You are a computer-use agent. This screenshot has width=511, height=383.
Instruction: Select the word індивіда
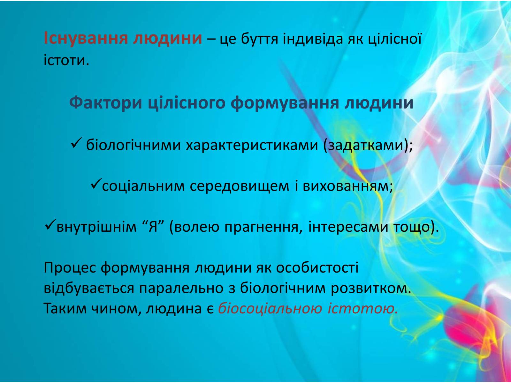[313, 39]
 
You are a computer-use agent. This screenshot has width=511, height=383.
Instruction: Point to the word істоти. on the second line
[66, 60]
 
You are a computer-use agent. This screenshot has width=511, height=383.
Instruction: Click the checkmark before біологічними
[76, 143]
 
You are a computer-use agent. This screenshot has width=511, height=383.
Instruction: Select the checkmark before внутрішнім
[50, 225]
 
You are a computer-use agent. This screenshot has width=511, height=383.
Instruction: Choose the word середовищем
[240, 186]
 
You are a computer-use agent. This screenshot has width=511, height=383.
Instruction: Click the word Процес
[70, 268]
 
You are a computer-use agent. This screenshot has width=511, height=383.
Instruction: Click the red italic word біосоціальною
[270, 309]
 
